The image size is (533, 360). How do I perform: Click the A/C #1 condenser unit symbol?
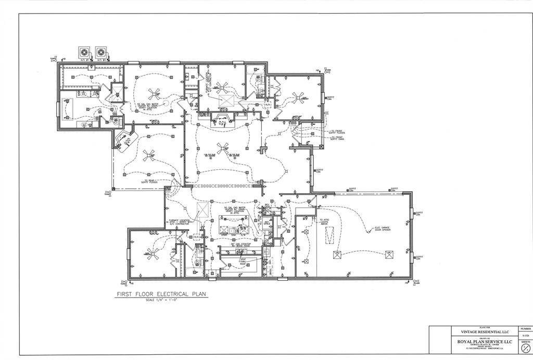(84, 52)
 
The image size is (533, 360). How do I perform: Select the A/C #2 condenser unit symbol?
(100, 52)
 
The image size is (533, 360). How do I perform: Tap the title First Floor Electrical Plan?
(161, 294)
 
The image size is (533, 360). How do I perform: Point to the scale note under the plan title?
(161, 301)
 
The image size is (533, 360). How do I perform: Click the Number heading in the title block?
(525, 329)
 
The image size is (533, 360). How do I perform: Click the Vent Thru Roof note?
(243, 260)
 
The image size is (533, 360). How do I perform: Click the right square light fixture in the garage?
(388, 254)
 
